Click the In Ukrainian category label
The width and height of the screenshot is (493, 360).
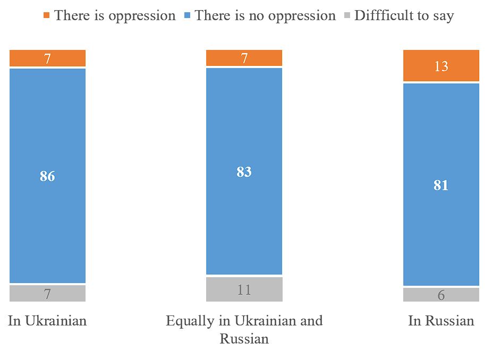tap(47, 321)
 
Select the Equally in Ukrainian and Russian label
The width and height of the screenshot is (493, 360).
tap(244, 329)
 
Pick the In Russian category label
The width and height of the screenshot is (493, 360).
tap(441, 321)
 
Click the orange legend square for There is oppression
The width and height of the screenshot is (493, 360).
tap(46, 15)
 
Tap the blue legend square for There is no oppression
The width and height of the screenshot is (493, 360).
tap(187, 15)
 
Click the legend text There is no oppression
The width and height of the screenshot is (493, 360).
tap(265, 15)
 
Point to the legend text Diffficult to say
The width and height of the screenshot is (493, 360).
tap(404, 15)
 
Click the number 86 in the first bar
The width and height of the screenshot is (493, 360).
tap(47, 176)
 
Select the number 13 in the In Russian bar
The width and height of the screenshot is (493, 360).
tap(441, 66)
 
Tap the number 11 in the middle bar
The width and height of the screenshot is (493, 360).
tap(244, 290)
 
